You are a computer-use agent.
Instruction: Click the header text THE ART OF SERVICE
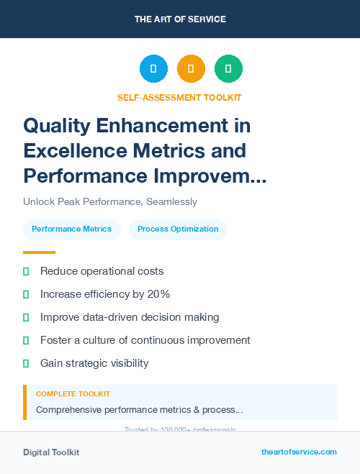pos(180,19)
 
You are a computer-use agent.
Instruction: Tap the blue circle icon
pos(153,69)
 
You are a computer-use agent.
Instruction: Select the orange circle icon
pos(191,69)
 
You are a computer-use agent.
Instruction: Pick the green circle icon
pos(228,69)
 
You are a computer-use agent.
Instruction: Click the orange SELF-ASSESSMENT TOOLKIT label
pos(180,98)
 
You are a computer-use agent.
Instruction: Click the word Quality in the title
pos(58,126)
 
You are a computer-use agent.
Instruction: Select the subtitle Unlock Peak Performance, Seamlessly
pos(110,202)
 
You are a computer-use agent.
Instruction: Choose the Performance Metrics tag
pos(71,229)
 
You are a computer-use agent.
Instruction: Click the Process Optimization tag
pos(178,229)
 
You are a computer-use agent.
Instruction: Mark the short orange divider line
pos(39,252)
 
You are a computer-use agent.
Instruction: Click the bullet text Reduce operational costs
pos(102,271)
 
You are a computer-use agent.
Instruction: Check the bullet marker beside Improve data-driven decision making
pos(26,317)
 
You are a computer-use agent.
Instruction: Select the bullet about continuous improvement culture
pos(145,340)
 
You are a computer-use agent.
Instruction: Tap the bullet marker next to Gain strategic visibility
pos(26,363)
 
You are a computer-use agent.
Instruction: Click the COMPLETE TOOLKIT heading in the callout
pos(73,394)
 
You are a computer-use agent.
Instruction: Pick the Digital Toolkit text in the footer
pos(51,452)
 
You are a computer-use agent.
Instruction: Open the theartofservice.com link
pos(299,452)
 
